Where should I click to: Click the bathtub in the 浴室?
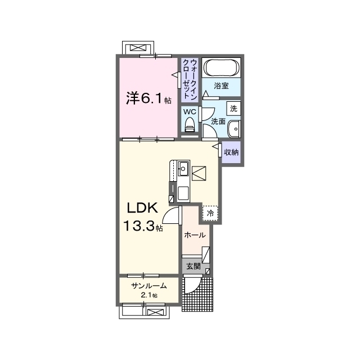[x=221, y=67]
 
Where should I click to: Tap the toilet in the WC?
[x=190, y=125]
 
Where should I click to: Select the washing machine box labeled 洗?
[x=233, y=109]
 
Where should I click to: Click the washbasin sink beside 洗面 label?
[x=234, y=129]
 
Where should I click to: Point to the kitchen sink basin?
[x=183, y=169]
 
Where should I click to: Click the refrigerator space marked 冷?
[x=210, y=213]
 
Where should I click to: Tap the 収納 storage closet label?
[x=231, y=152]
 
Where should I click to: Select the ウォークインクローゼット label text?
[x=190, y=79]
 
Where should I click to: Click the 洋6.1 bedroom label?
[x=148, y=98]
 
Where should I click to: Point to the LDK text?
[x=142, y=208]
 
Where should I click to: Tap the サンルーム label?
[x=148, y=286]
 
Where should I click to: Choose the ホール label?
[x=195, y=235]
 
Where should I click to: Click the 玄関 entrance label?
[x=193, y=266]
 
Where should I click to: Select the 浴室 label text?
[x=221, y=86]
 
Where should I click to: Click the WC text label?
[x=190, y=112]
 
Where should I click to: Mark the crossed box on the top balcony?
[x=138, y=48]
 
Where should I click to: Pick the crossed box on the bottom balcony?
[x=155, y=312]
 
